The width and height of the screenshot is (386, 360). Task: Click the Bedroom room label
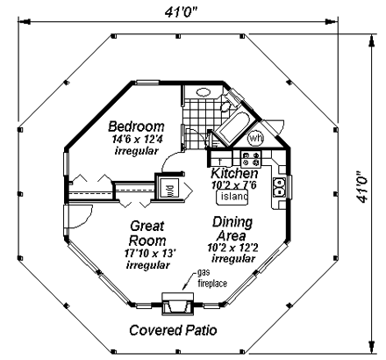[x=136, y=126]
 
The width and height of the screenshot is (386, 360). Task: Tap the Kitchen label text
[x=234, y=173]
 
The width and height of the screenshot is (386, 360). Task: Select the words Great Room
[x=147, y=234]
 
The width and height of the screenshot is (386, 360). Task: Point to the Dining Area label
[x=232, y=229]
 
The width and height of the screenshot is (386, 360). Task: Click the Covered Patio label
[x=173, y=330]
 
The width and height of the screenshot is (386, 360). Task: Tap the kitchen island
[x=232, y=197]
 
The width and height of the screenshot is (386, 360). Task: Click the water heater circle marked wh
[x=255, y=138]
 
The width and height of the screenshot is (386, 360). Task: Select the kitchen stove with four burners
[x=251, y=158]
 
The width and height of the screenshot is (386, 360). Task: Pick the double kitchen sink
[x=279, y=187]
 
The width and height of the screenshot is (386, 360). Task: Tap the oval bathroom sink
[x=204, y=92]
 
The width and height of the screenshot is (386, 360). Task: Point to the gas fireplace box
[x=178, y=304]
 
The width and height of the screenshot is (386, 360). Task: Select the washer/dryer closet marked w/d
[x=168, y=188]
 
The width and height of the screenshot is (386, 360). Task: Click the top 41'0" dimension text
[x=182, y=12]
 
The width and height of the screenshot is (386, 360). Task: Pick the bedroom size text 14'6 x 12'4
[x=137, y=139]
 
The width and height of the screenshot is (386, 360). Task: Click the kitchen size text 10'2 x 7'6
[x=234, y=184]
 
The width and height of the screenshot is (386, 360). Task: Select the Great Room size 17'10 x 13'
[x=150, y=253]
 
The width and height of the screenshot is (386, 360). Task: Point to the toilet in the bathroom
[x=225, y=106]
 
